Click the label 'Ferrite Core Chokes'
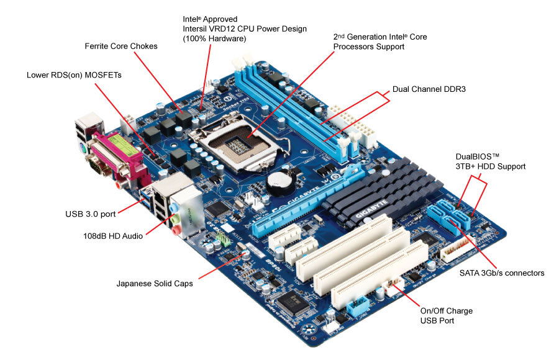click(121, 47)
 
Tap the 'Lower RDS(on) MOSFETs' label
click(74, 74)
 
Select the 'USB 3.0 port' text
click(90, 215)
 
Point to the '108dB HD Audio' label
click(113, 236)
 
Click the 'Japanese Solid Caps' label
click(155, 284)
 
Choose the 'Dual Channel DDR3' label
click(429, 89)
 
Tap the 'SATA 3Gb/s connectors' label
click(502, 273)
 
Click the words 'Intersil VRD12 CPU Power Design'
click(245, 29)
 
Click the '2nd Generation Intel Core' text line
click(380, 37)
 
